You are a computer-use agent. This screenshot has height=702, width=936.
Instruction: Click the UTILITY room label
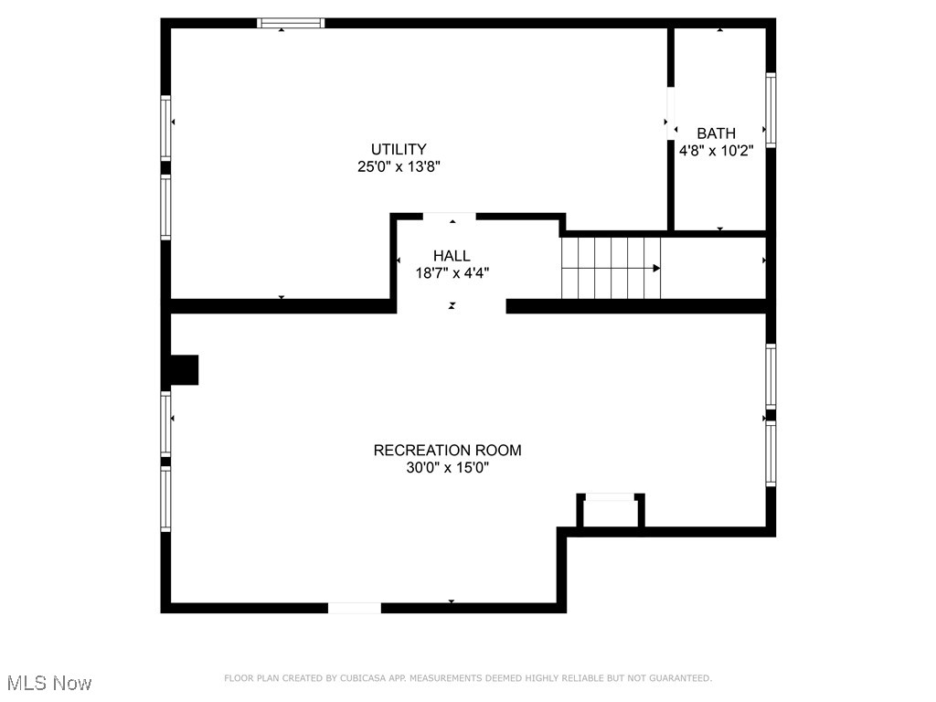[x=399, y=149]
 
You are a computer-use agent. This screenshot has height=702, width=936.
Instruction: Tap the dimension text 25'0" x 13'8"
[x=399, y=166]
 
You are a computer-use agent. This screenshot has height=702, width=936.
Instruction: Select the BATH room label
[x=716, y=133]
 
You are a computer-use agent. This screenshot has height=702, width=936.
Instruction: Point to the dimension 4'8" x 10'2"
[x=716, y=151]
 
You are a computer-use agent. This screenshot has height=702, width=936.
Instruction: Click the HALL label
[x=452, y=256]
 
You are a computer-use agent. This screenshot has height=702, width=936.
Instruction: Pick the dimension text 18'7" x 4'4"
[x=452, y=272]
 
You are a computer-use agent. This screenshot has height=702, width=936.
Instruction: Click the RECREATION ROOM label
[x=447, y=450]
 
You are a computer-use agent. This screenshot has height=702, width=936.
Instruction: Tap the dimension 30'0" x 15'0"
[x=447, y=467]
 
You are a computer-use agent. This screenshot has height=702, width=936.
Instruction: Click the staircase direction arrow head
[x=656, y=268]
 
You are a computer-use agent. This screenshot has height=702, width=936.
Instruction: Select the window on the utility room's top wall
[x=291, y=23]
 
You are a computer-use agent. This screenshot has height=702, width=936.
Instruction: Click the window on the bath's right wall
[x=771, y=110]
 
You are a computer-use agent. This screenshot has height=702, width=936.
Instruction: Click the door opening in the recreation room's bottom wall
[x=355, y=608]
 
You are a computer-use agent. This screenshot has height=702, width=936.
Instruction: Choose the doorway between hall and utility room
[x=450, y=217]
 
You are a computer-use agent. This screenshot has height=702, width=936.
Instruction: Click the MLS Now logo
[x=49, y=683]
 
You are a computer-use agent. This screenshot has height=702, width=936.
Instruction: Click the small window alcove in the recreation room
[x=610, y=509]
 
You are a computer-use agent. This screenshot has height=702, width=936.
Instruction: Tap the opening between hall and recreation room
[x=451, y=306]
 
